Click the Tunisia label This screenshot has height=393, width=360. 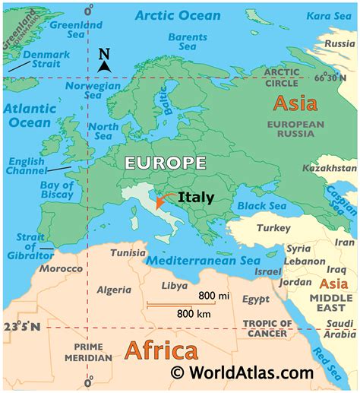(128, 252)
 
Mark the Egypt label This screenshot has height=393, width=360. (256, 300)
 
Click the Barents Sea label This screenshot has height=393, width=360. (187, 43)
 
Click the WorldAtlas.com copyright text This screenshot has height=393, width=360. (243, 372)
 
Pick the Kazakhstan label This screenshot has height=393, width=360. (329, 167)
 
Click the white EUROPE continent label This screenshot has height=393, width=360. (166, 162)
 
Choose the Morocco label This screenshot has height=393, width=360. (61, 269)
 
